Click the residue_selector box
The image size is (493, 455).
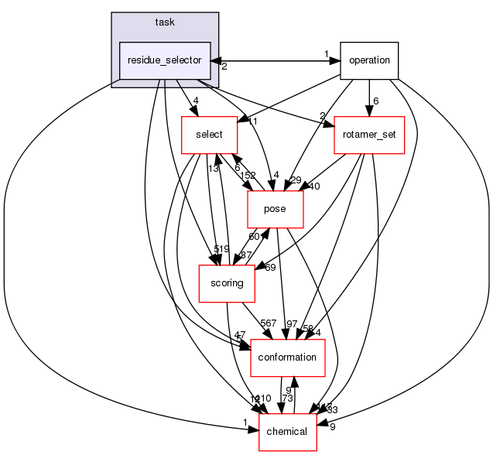point(166,60)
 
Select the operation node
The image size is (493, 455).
point(369,60)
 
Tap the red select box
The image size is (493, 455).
point(209,134)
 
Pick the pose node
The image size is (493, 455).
point(275,209)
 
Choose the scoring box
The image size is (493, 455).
point(228,283)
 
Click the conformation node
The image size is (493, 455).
point(287,357)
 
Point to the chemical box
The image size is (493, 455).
point(287,430)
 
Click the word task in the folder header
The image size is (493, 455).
point(165,22)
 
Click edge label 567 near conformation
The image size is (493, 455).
point(269,323)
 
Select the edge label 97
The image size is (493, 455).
point(292,323)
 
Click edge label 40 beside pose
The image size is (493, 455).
point(313,186)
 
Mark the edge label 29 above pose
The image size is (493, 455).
point(295,180)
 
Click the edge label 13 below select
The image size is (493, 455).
point(213,168)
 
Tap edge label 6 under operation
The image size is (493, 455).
point(375,101)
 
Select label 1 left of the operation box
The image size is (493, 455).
point(327,54)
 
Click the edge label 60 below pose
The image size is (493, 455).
point(253,236)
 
